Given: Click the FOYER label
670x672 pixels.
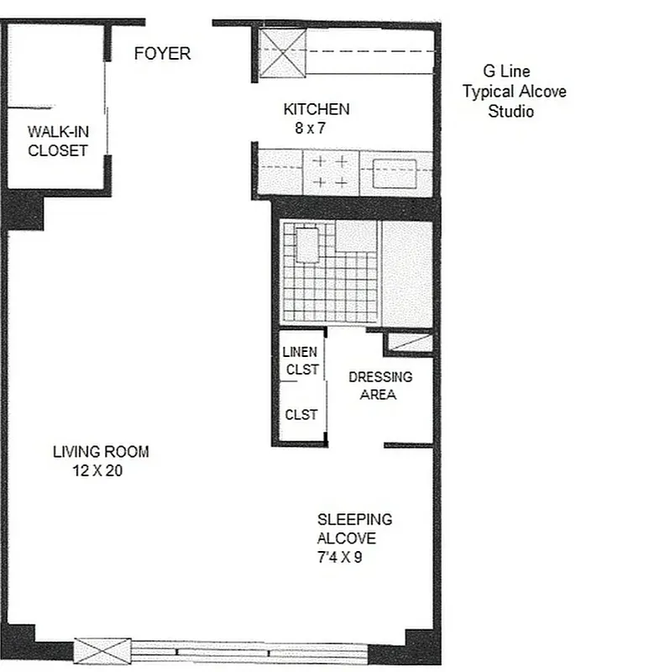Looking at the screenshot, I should pos(163,54).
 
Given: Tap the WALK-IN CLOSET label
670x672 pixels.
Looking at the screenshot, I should pos(58,141).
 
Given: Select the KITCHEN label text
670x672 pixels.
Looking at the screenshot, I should pos(316,109).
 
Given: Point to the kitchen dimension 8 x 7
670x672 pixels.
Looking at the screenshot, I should pos(309,129).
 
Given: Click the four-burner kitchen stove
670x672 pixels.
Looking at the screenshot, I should pos(331,171).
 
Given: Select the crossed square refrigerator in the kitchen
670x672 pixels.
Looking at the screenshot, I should pos(282,52).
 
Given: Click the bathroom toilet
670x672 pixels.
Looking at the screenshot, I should pos(307,244).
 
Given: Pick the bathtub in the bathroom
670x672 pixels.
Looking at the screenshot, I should pos(406,273).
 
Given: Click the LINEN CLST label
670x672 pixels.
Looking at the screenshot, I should pos(301,360).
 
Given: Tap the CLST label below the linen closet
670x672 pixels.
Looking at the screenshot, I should pos(301,414).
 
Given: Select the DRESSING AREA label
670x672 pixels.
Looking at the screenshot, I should pos(379,386).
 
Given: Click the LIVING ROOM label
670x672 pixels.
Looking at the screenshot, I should pos(101,452).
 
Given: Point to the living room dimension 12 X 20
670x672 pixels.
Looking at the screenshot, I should pos(97,471).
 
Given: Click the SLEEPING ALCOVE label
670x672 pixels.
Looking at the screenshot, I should pos(353,529).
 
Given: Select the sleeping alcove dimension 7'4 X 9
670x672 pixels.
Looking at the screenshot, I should pos(339,557).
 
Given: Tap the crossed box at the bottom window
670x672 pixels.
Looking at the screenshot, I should pos(103,650).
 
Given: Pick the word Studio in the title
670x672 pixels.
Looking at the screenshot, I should pos(510,111).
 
